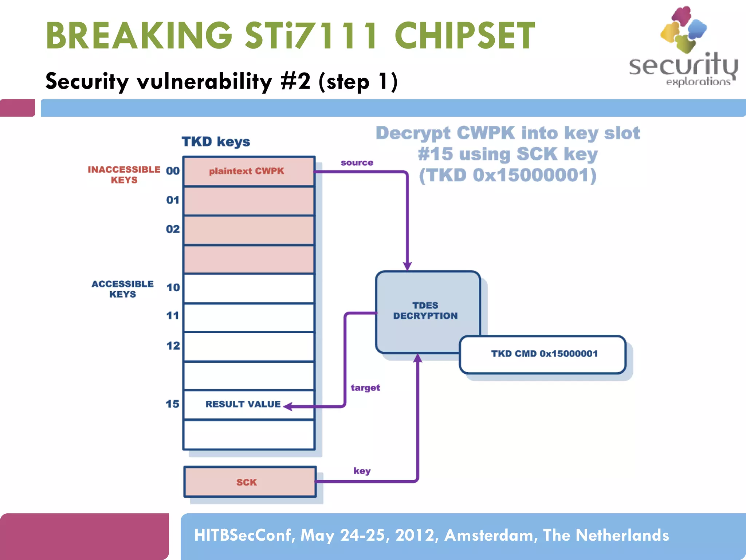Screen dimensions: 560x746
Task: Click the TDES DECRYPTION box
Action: [x=425, y=310]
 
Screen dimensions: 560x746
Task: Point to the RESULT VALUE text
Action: [x=243, y=404]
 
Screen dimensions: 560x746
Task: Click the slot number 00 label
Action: [x=173, y=171]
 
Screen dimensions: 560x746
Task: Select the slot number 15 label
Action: [x=172, y=404]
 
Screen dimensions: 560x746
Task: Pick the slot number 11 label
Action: [x=173, y=316]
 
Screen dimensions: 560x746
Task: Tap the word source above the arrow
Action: [x=357, y=163]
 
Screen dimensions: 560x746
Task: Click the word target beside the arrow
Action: [x=365, y=388]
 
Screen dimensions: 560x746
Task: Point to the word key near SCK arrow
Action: [x=362, y=471]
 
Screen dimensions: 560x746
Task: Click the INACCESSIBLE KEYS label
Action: [x=124, y=175]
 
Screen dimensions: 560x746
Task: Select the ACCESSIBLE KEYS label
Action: [x=122, y=289]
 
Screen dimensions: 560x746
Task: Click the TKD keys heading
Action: [x=216, y=141]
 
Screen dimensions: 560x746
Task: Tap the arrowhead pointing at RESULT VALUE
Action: [x=287, y=406]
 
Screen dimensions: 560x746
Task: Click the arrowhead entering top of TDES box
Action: [x=407, y=266]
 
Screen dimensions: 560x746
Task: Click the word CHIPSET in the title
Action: [x=464, y=36]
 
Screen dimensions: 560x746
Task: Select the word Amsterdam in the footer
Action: [x=491, y=535]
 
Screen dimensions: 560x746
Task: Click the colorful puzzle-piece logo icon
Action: [x=683, y=29]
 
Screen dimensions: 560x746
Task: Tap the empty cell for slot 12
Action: [x=248, y=346]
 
